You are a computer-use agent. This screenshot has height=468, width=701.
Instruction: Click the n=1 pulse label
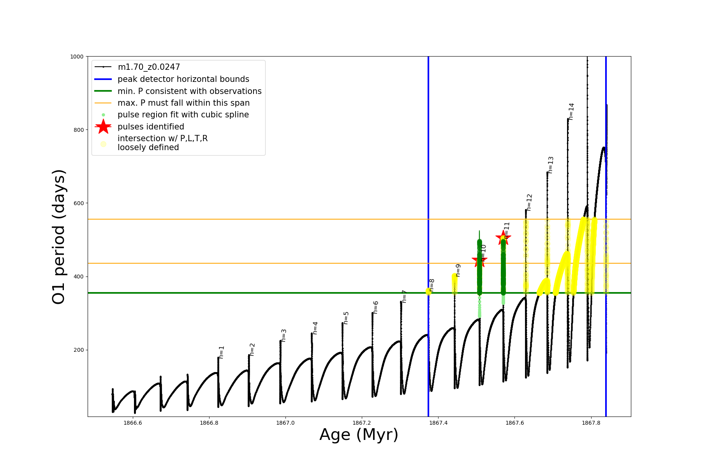pyautogui.click(x=222, y=352)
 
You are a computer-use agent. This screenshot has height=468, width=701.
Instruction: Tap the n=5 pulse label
pyautogui.click(x=346, y=318)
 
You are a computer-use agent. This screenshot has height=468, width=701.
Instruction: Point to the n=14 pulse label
pyautogui.click(x=571, y=111)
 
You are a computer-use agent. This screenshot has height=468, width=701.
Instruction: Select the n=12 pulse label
pyautogui.click(x=529, y=202)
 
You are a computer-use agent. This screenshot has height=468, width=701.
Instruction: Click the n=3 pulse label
pyautogui.click(x=284, y=335)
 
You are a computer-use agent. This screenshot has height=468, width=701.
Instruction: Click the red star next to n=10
pyautogui.click(x=479, y=261)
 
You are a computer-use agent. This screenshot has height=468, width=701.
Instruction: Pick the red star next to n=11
pyautogui.click(x=503, y=237)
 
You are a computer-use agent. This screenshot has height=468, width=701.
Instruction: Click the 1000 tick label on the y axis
pyautogui.click(x=77, y=57)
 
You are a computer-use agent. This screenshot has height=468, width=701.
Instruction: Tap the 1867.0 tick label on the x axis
pyautogui.click(x=286, y=423)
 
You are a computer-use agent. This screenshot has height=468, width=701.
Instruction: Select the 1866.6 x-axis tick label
pyautogui.click(x=133, y=423)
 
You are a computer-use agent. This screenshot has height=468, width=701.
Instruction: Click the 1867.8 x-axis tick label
pyautogui.click(x=591, y=423)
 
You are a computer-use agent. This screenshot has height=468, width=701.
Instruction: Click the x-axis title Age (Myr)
pyautogui.click(x=359, y=435)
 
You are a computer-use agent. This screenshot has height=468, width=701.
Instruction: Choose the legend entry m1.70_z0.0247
pyautogui.click(x=149, y=67)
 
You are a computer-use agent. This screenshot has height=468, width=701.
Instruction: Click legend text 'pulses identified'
pyautogui.click(x=151, y=127)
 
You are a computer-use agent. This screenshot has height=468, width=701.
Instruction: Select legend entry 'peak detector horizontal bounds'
pyautogui.click(x=183, y=79)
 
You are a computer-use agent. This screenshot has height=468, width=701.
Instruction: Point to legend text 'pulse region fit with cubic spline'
pyautogui.click(x=183, y=115)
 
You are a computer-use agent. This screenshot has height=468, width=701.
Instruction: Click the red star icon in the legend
pyautogui.click(x=103, y=126)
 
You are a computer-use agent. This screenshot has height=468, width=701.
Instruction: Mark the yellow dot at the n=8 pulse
pyautogui.click(x=428, y=291)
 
